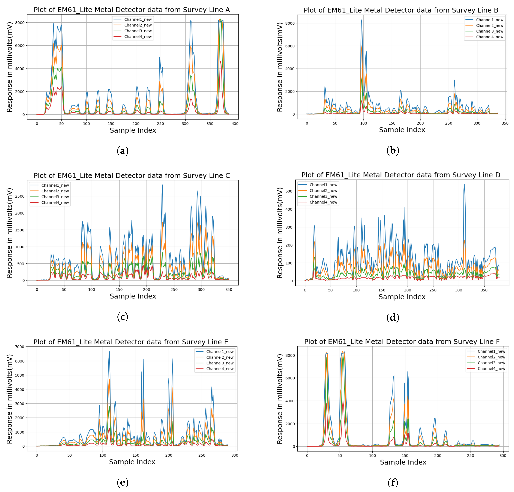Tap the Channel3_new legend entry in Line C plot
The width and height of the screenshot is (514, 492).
(55, 197)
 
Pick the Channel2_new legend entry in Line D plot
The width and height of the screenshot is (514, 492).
(323, 191)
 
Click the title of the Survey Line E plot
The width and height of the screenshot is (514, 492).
(131, 342)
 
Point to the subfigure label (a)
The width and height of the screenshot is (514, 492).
(122, 151)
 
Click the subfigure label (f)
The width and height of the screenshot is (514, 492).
(393, 483)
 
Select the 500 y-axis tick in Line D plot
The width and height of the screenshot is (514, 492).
(289, 191)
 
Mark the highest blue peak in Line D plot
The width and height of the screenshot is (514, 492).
(464, 184)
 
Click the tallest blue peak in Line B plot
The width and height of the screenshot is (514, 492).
(362, 19)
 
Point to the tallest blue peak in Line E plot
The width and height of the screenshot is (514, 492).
(109, 351)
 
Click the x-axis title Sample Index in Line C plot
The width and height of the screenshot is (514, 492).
(133, 296)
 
